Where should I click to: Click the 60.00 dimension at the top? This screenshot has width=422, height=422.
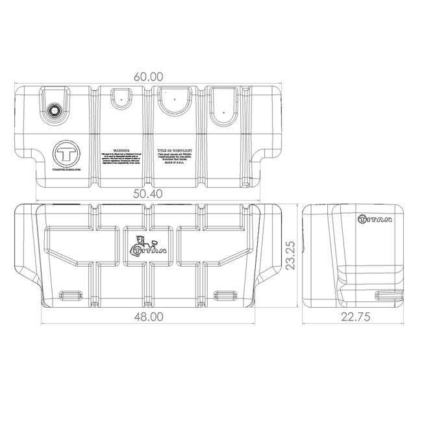click(x=148, y=76)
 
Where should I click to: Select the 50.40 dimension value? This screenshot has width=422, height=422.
click(x=148, y=193)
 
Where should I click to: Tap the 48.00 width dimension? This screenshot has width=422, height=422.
click(x=148, y=316)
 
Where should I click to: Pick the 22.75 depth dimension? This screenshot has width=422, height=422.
click(x=354, y=316)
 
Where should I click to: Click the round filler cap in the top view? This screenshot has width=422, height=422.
click(x=54, y=110)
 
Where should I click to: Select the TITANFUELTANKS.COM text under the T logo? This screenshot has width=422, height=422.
click(x=66, y=170)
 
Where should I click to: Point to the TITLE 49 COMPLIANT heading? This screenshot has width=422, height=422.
click(x=175, y=149)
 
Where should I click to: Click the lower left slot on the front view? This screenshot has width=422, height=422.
click(x=70, y=293)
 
